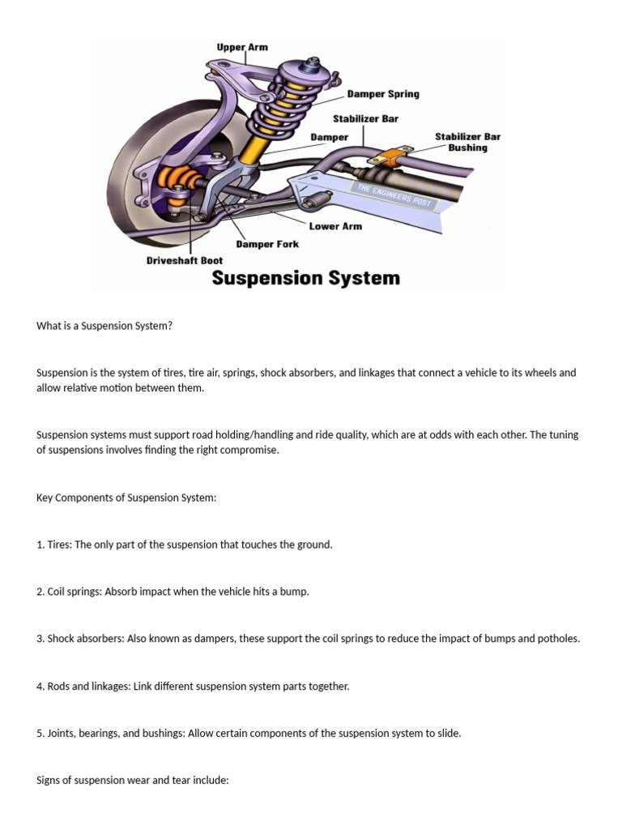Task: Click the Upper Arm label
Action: (x=241, y=48)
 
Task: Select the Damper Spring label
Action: (x=383, y=94)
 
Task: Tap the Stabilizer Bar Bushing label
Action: (x=467, y=142)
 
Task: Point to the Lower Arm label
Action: (x=335, y=226)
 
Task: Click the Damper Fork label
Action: (x=266, y=244)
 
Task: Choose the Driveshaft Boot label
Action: (x=184, y=261)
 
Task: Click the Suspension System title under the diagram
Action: (x=305, y=278)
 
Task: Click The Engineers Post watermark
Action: (x=394, y=195)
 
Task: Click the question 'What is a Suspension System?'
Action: (x=104, y=326)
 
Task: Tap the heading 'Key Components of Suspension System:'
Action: (x=126, y=498)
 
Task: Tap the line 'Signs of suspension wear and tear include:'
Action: (x=133, y=780)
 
